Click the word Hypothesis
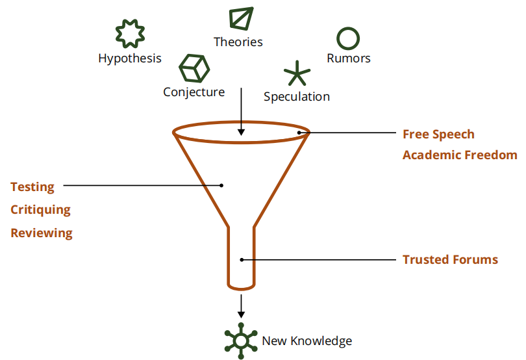click(x=130, y=58)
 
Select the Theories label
click(x=238, y=42)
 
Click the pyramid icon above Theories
click(x=241, y=18)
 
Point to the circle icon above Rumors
click(x=349, y=38)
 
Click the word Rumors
click(x=349, y=58)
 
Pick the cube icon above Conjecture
click(x=194, y=68)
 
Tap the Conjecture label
click(x=194, y=92)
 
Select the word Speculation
click(x=297, y=97)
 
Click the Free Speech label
click(x=438, y=135)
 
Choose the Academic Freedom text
click(x=460, y=155)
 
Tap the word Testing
click(x=32, y=187)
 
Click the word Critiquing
click(x=40, y=210)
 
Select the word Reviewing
click(x=42, y=233)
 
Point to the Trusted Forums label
click(x=450, y=260)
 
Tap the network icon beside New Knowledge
click(x=241, y=340)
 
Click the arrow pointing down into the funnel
click(x=241, y=110)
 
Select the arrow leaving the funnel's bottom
click(x=241, y=305)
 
